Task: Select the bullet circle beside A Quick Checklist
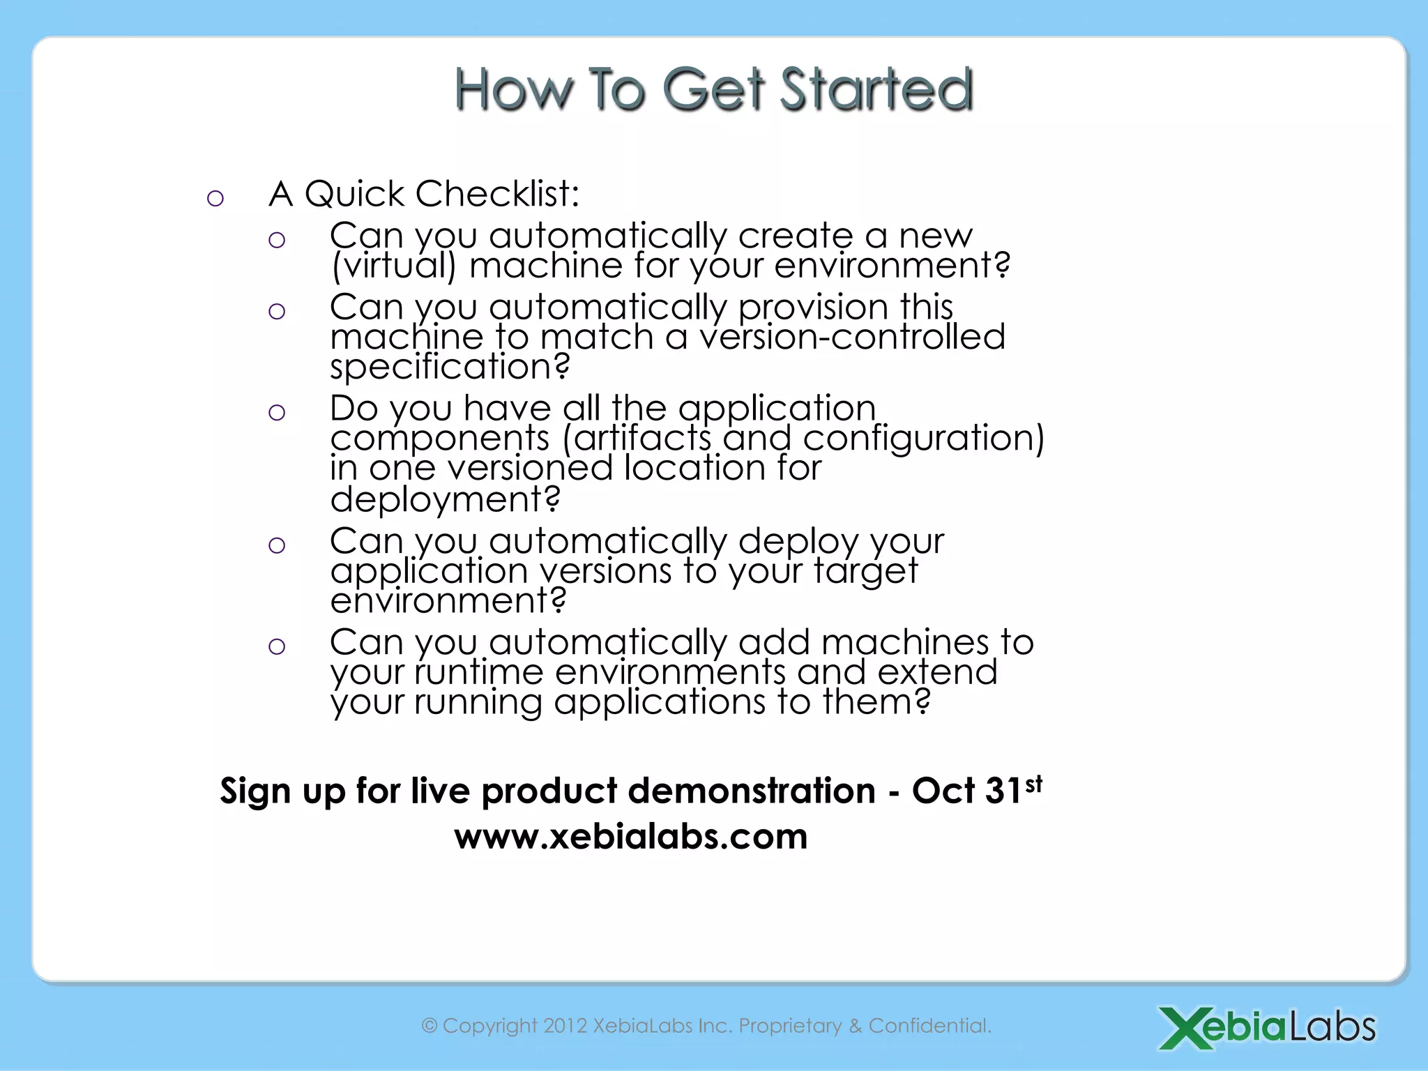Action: click(215, 199)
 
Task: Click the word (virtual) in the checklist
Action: click(393, 266)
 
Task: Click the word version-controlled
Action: click(852, 337)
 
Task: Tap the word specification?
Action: click(450, 367)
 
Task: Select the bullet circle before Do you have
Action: click(277, 412)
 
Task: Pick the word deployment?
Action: click(445, 499)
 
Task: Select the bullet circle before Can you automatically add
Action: click(277, 646)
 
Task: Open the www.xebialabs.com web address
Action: click(631, 836)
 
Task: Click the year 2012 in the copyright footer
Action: click(565, 1026)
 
